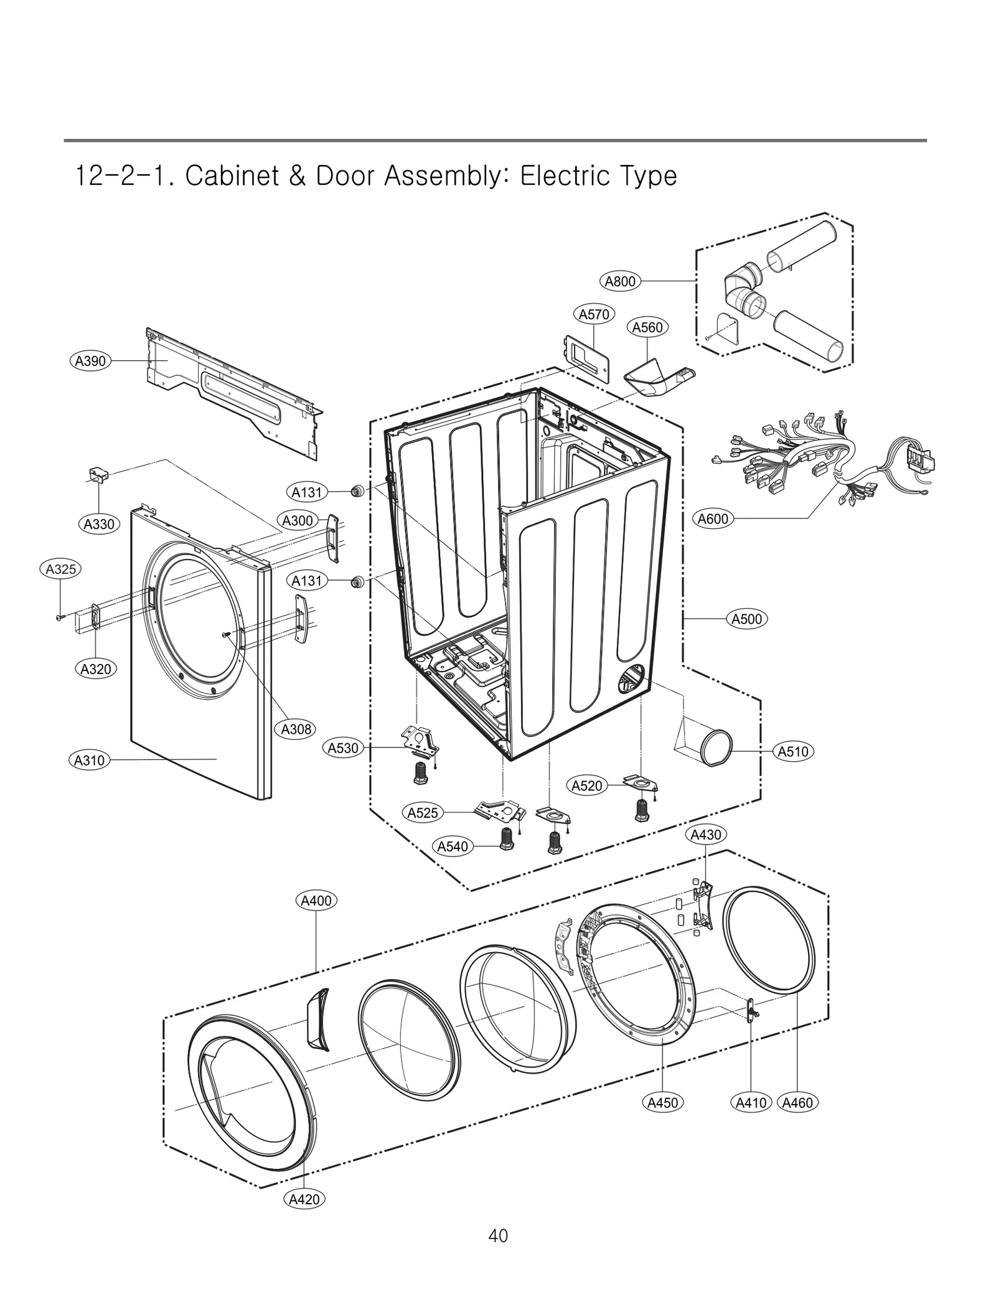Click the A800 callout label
click(620, 281)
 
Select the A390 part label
click(90, 361)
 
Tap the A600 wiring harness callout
click(713, 518)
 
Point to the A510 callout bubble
click(793, 751)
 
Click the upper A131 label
click(307, 492)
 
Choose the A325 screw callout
click(61, 569)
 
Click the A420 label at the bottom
click(304, 1199)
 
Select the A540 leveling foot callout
click(453, 846)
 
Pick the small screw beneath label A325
click(60, 617)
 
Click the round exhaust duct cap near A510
click(716, 746)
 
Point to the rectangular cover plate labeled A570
click(586, 357)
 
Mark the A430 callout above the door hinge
click(706, 835)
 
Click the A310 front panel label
click(89, 760)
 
